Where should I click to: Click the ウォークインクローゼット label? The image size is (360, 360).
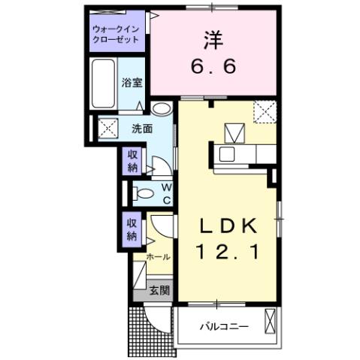(116, 34)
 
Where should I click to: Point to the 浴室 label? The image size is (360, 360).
(132, 82)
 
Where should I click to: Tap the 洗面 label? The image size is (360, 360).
(144, 129)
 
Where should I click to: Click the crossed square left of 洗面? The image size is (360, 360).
(107, 129)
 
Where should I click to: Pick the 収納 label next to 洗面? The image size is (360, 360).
(131, 161)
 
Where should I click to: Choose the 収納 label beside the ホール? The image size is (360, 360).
(131, 230)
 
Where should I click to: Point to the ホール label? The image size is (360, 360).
(158, 256)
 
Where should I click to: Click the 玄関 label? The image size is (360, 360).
(159, 289)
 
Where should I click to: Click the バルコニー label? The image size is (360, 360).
(222, 327)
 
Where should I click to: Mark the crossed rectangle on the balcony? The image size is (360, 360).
(270, 325)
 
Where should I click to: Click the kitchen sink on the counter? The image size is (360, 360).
(226, 156)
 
